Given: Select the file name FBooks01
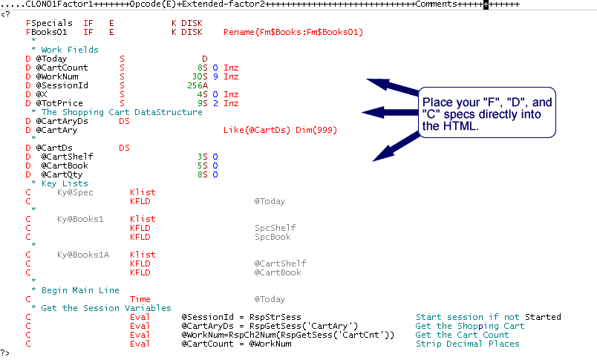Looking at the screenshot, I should (x=46, y=32).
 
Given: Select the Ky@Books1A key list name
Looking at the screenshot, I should (x=83, y=255).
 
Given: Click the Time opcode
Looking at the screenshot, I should (x=140, y=299).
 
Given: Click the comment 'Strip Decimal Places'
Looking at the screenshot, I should (x=467, y=344).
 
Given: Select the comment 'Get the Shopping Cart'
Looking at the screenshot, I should (x=469, y=326).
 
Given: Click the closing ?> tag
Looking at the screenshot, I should (x=6, y=353).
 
